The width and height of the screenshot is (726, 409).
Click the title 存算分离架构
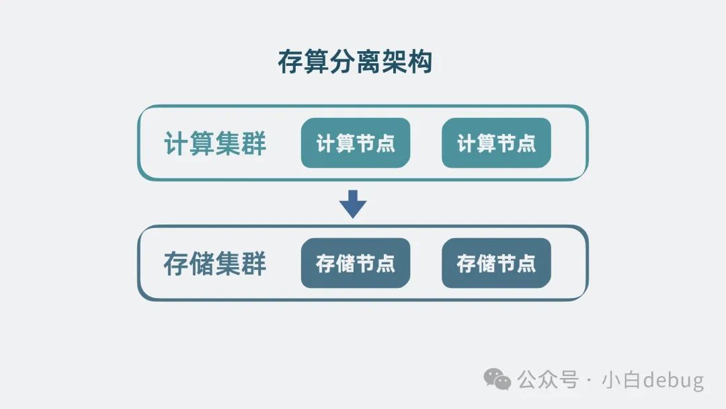pos(354,62)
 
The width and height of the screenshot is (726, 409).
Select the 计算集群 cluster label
pos(215,144)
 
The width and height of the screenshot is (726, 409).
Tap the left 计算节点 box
pos(355,143)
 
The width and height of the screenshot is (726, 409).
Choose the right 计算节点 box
pos(496,143)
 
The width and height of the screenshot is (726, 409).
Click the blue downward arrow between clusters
pos(353,204)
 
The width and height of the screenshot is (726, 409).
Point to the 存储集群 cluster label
pos(215,264)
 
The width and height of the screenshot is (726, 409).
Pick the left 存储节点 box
pos(355,263)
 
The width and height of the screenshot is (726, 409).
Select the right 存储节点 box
pos(496,263)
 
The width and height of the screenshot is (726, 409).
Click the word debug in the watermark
pos(673,381)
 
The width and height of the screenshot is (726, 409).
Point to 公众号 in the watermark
pos(548,380)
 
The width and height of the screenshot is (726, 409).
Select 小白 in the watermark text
pos(621,380)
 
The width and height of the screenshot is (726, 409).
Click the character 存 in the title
pos(290,62)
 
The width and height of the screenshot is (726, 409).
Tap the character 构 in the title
pos(419,62)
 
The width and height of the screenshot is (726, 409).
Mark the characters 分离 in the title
pos(355,62)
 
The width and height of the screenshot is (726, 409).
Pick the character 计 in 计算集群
pos(176,144)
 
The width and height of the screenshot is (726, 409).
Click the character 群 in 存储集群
pos(254,264)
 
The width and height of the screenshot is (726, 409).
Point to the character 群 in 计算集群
pos(254,144)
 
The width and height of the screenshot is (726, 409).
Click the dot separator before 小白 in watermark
pos(590,381)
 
